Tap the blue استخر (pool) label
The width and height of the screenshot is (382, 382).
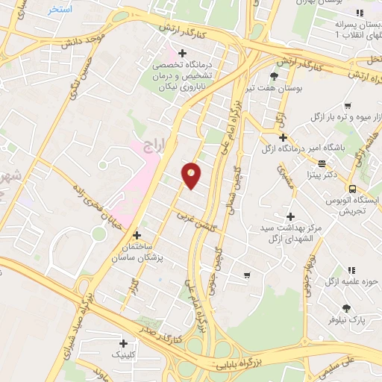[60, 10]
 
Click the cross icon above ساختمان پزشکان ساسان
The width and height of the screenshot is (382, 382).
[136, 235]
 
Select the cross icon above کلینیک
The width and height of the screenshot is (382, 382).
[122, 342]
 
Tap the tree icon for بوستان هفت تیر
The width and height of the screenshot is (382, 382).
[274, 77]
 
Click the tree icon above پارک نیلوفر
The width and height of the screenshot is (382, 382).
[347, 307]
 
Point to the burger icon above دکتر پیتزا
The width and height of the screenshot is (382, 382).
[322, 163]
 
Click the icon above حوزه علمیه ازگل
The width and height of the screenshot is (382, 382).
[352, 269]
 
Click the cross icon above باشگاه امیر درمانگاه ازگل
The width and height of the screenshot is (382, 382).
[283, 137]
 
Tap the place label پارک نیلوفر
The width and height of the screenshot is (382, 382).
[348, 321]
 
